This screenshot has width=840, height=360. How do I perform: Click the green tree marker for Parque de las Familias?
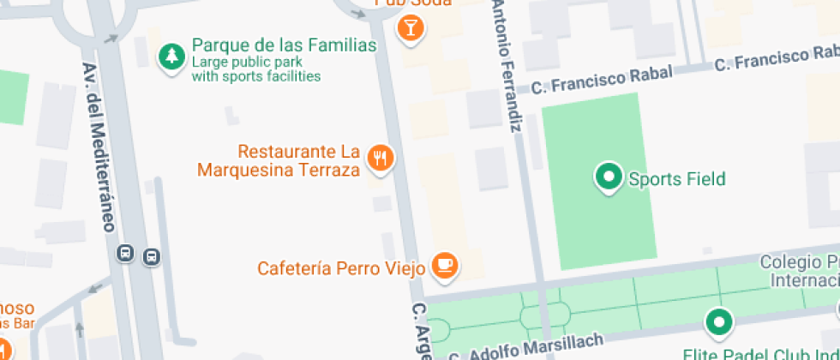[x=172, y=57]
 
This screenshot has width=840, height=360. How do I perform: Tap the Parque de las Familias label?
[x=284, y=45]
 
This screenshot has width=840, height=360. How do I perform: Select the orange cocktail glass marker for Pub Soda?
[x=411, y=27]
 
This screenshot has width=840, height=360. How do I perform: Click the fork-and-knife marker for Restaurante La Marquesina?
[x=381, y=158]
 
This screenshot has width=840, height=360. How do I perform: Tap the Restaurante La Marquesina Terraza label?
[x=278, y=160]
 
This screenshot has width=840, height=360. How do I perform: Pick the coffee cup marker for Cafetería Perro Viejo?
[x=445, y=265]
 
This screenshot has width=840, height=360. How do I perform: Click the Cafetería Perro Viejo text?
[x=341, y=268]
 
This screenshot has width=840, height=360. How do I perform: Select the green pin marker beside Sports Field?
[x=609, y=177]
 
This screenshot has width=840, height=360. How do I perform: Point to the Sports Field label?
[x=676, y=179]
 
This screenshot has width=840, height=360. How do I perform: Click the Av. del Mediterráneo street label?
[x=97, y=147]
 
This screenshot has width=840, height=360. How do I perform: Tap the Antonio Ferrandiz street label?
[x=507, y=65]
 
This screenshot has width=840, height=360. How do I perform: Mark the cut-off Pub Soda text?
[x=404, y=3]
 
